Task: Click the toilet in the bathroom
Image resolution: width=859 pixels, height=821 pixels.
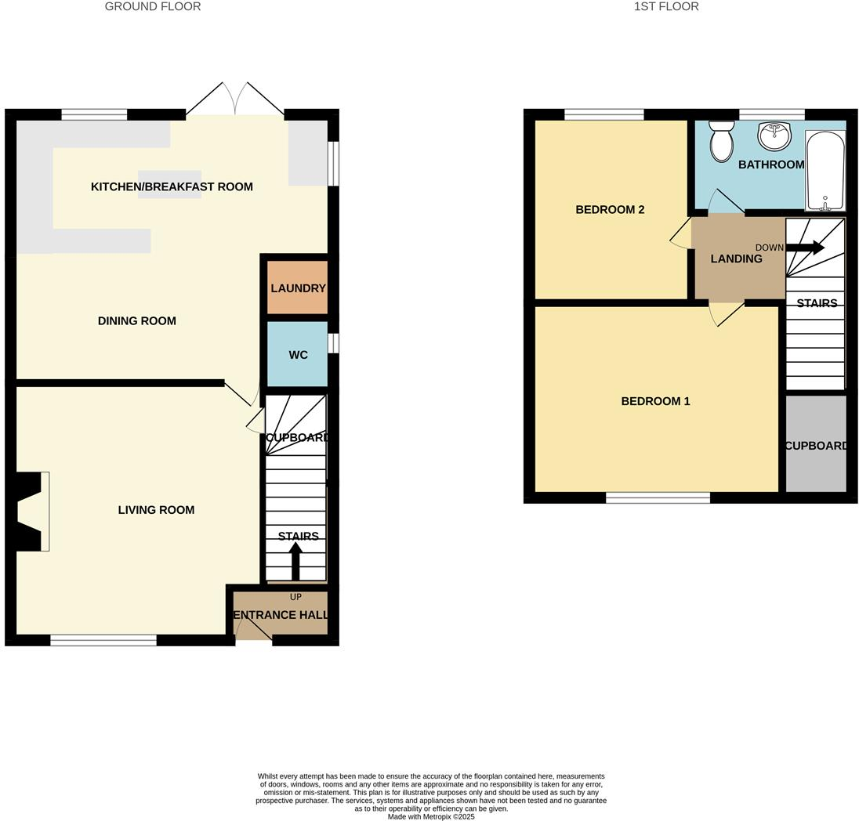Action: click(722, 141)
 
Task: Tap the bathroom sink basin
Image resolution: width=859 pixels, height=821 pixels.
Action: click(774, 135)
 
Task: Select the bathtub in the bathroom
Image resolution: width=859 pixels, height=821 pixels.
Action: click(825, 170)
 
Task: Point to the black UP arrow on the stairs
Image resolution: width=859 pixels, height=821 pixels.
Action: click(295, 560)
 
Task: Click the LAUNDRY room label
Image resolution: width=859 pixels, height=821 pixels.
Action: click(298, 288)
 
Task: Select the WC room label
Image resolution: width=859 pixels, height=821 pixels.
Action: click(298, 355)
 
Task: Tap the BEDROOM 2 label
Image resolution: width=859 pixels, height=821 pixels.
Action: click(610, 210)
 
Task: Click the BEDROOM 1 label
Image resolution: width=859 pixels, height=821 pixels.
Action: click(655, 401)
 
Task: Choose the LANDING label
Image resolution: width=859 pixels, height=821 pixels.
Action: click(736, 259)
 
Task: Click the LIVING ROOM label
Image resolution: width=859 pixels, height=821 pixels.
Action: click(156, 510)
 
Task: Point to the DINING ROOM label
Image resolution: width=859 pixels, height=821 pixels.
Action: click(137, 321)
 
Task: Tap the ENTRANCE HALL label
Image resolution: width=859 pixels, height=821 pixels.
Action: click(281, 615)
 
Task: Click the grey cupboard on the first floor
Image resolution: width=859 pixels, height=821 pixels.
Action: click(816, 443)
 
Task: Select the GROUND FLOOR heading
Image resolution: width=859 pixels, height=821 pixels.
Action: click(153, 6)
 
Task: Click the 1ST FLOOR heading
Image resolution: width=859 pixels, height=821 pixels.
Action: click(666, 6)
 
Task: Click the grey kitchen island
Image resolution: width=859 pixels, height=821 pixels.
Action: click(169, 184)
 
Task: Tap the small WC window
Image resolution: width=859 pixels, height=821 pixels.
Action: click(333, 343)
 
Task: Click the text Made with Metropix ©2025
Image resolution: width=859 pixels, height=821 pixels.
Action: click(431, 816)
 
